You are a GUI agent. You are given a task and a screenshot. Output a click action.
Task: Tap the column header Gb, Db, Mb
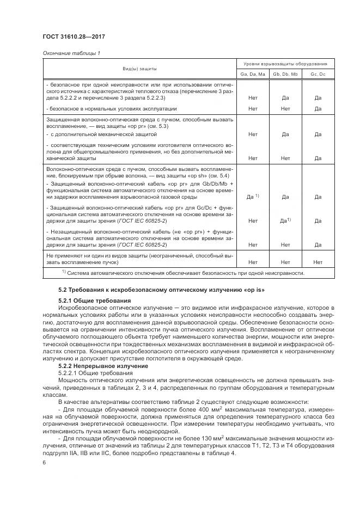285,73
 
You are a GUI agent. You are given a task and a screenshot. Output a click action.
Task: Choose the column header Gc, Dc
318,73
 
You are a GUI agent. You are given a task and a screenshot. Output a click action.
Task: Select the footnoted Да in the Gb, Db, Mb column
285,220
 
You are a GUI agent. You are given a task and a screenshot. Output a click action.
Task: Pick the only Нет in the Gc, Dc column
318,262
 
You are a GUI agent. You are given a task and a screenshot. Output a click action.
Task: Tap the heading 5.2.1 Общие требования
95,301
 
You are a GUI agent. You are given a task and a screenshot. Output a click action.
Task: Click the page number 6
44,462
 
